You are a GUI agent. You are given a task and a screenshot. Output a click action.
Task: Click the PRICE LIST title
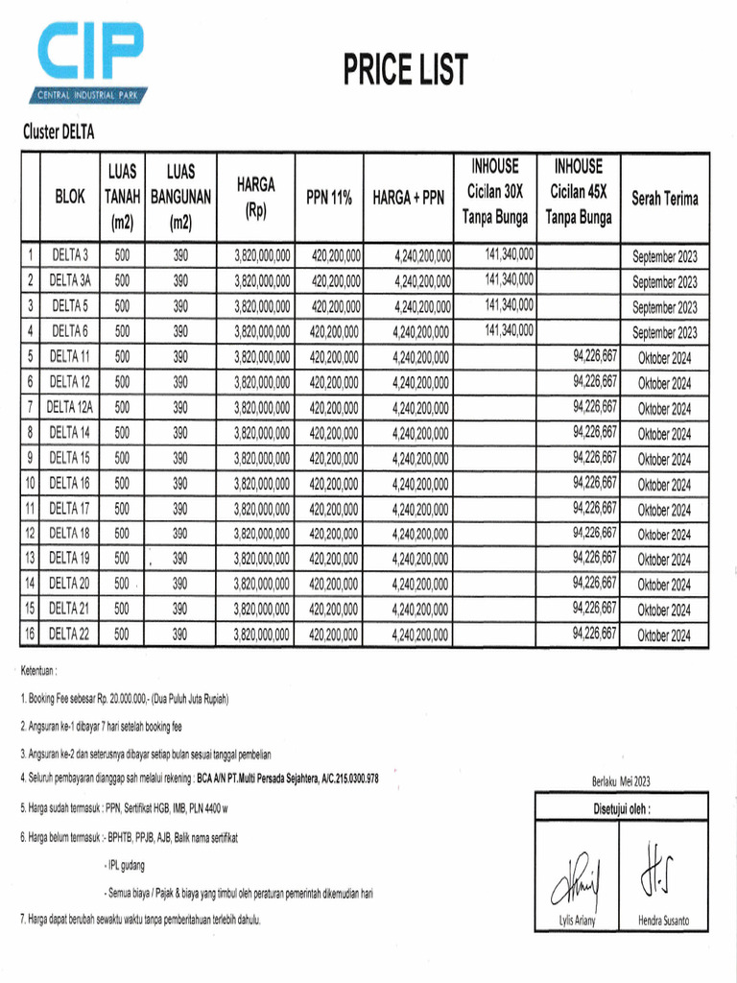[406, 70]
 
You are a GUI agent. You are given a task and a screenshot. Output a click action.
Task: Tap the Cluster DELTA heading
[59, 132]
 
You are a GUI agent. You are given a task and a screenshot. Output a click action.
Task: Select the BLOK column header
[70, 198]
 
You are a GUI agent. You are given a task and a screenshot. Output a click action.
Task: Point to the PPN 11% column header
[329, 198]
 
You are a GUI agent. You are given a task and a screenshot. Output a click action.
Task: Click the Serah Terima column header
[664, 199]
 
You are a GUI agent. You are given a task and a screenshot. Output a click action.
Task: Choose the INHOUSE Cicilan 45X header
[578, 192]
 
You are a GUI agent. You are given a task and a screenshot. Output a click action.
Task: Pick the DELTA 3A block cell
[70, 282]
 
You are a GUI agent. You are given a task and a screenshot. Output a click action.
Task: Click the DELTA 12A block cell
[70, 407]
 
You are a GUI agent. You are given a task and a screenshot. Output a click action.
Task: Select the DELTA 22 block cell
[70, 634]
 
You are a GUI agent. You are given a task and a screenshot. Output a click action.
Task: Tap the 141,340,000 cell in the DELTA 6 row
[510, 329]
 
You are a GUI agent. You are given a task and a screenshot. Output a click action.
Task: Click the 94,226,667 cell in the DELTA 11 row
[595, 355]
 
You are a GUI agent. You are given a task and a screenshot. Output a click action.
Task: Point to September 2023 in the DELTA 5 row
[664, 308]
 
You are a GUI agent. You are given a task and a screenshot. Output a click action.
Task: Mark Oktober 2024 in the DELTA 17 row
[664, 510]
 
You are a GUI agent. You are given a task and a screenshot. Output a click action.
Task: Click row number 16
[30, 634]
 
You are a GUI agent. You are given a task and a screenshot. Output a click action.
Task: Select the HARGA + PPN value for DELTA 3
[422, 256]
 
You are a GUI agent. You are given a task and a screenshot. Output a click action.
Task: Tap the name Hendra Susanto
[663, 921]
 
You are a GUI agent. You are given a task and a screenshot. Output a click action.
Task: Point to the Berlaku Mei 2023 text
[621, 781]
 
